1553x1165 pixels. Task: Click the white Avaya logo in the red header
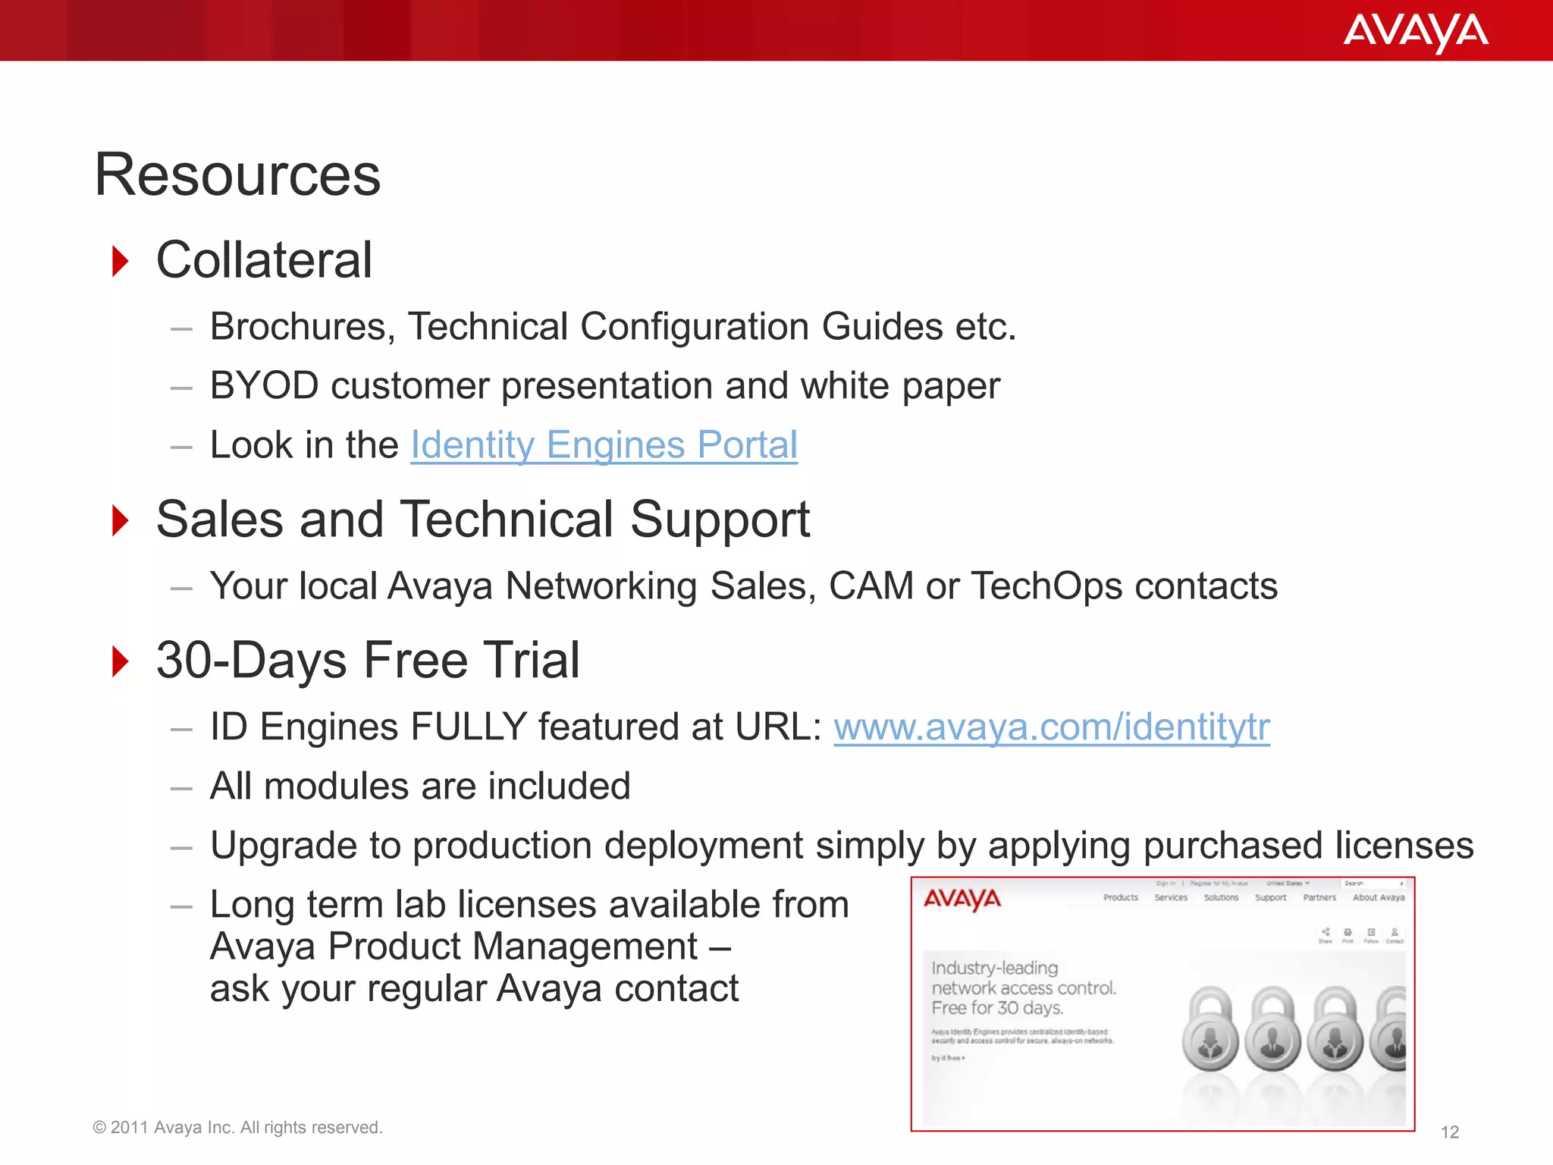(x=1415, y=33)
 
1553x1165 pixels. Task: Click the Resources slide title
(x=237, y=175)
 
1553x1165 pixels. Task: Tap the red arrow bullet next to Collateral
(x=120, y=261)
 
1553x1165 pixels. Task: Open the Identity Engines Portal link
(x=604, y=445)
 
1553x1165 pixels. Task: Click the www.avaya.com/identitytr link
(x=1051, y=727)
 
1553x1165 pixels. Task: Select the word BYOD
(x=264, y=386)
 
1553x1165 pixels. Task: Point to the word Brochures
(x=303, y=327)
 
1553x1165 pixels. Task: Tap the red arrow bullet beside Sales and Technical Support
(x=120, y=520)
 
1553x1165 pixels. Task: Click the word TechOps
(x=1046, y=586)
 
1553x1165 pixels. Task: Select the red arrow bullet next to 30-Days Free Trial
(x=120, y=661)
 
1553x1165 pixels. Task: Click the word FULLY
(x=469, y=727)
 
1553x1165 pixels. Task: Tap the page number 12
(x=1449, y=1132)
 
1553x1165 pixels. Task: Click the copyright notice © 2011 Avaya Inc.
(x=237, y=1128)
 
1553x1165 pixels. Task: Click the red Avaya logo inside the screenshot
(x=962, y=900)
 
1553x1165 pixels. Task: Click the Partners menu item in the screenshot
(x=1319, y=897)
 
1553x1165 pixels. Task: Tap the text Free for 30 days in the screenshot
(x=997, y=1008)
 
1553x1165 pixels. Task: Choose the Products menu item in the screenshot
(x=1120, y=897)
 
